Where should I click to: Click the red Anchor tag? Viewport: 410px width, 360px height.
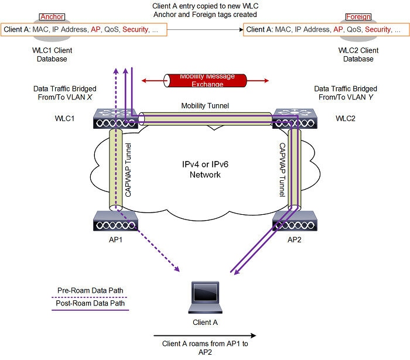[51, 17]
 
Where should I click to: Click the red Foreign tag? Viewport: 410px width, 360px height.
[358, 17]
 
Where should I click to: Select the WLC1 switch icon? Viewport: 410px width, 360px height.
[115, 119]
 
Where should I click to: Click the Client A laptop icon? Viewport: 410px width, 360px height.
[206, 298]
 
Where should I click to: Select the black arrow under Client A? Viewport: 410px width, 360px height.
[205, 336]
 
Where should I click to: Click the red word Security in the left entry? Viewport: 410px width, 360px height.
[136, 29]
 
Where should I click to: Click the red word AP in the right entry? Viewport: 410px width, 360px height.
[338, 29]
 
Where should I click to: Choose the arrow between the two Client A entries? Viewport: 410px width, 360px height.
[205, 29]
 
